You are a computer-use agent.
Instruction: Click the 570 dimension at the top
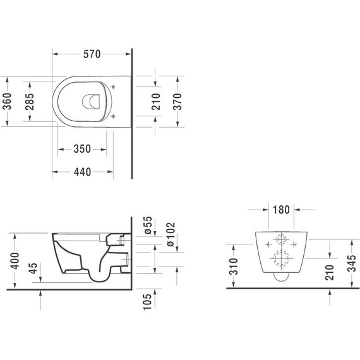tap(92, 54)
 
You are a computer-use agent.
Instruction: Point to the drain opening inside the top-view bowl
tap(93, 101)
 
